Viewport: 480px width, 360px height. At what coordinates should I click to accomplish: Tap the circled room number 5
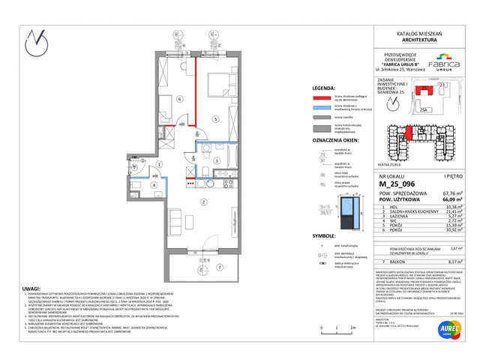[216, 118]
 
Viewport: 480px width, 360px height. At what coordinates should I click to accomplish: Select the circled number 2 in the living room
[202, 201]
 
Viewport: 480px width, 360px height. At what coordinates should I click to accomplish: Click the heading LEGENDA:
[324, 87]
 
